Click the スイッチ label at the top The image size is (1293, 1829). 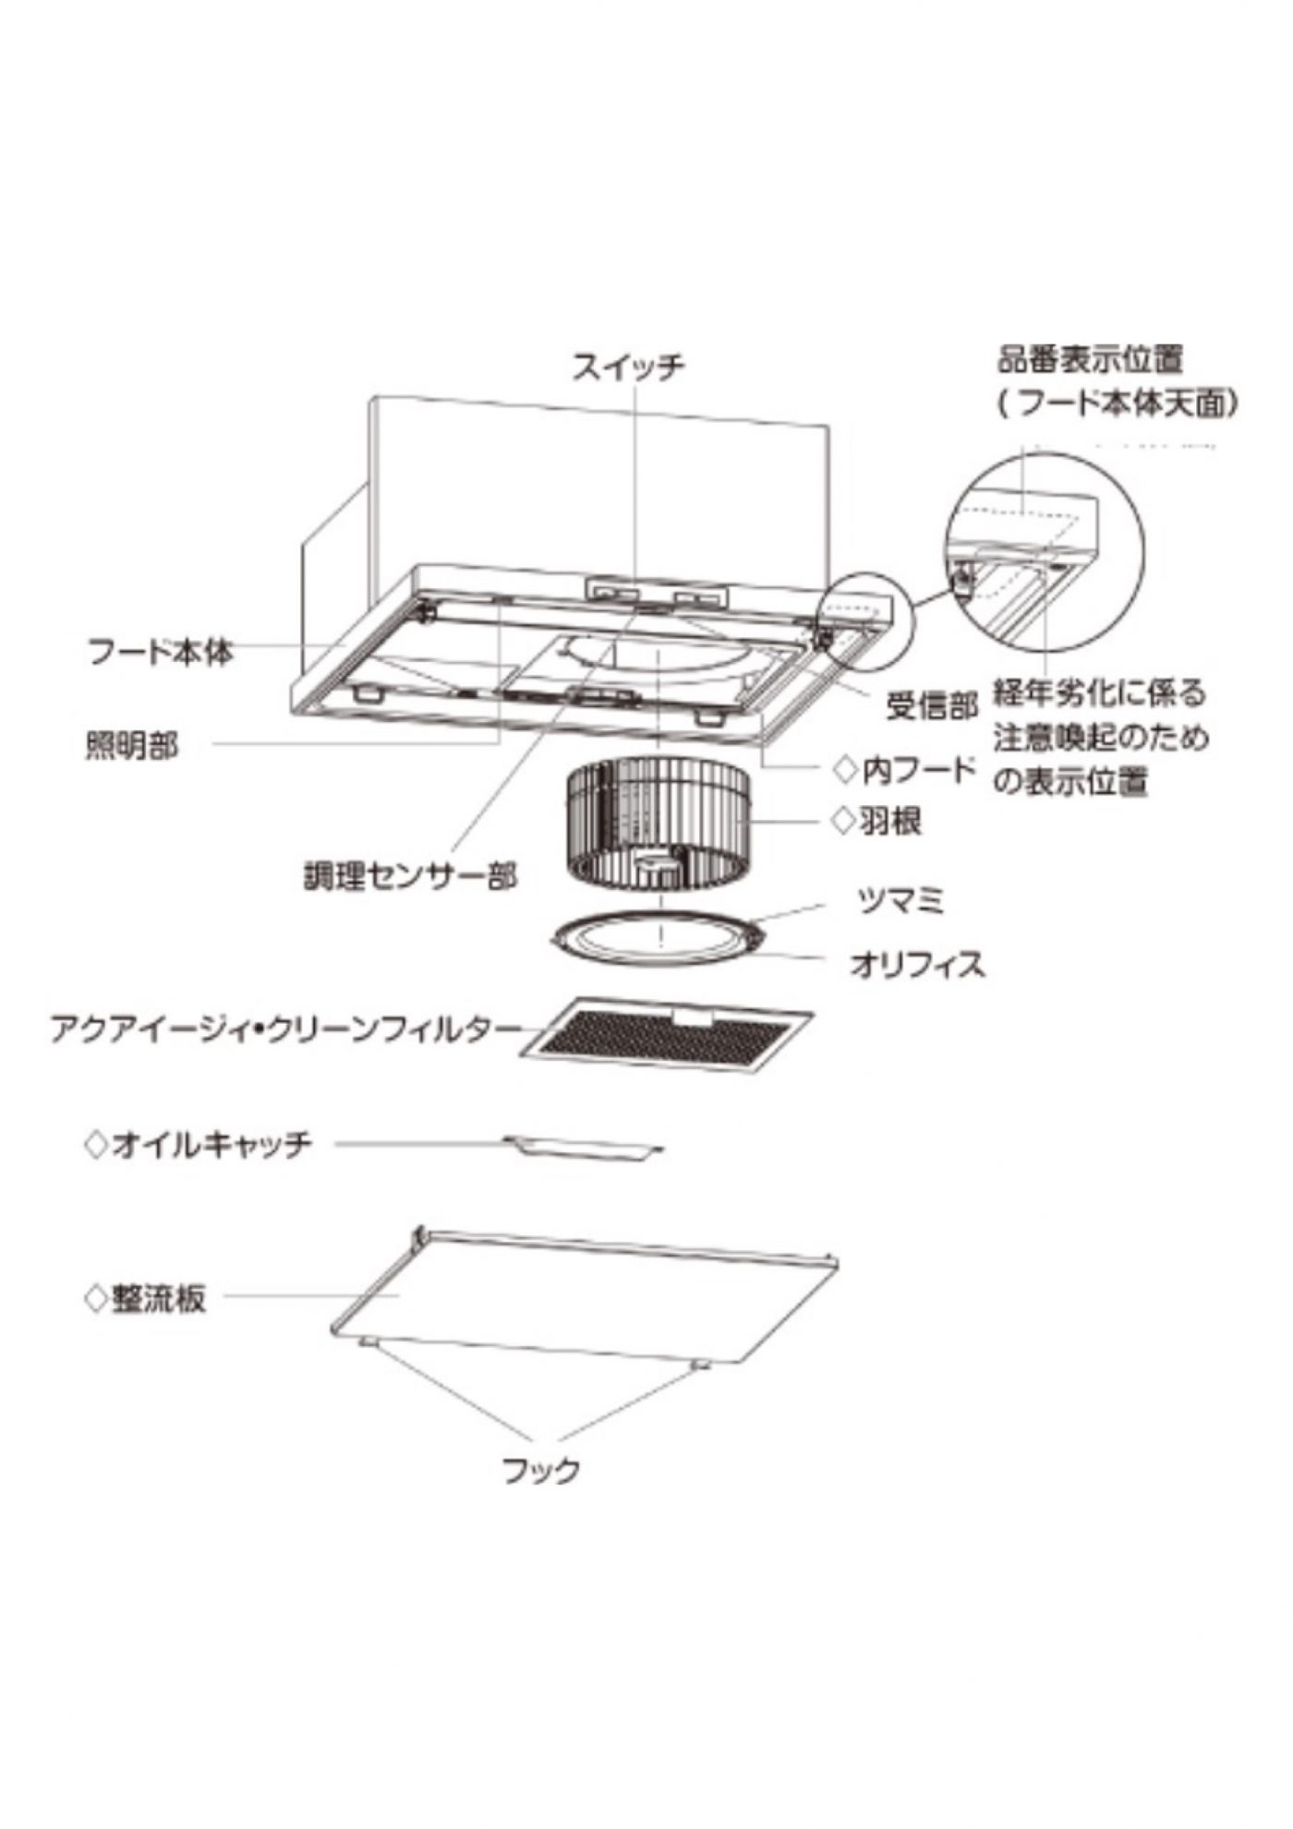pyautogui.click(x=628, y=367)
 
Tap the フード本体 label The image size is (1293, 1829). pyautogui.click(x=160, y=653)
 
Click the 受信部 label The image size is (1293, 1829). pyautogui.click(x=931, y=707)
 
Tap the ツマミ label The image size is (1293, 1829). pyautogui.click(x=900, y=899)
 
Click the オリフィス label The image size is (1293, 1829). pyautogui.click(x=916, y=966)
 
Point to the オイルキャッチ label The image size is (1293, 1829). pyautogui.click(x=211, y=1146)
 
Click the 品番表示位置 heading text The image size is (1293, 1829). pyautogui.click(x=1089, y=358)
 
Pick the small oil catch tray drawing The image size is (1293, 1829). pyautogui.click(x=584, y=1147)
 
